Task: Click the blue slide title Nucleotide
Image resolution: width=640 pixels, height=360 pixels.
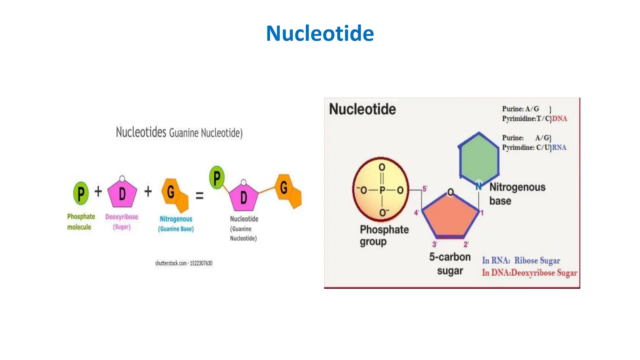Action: click(x=320, y=33)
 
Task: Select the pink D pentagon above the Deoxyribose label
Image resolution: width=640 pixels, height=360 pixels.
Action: click(x=122, y=194)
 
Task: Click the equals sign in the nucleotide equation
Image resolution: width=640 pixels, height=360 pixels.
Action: click(x=199, y=196)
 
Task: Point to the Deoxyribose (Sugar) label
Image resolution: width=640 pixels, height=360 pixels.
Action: click(x=122, y=222)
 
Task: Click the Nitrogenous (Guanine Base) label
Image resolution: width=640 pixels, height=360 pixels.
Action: click(x=176, y=224)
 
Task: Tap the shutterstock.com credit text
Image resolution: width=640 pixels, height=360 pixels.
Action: click(x=184, y=263)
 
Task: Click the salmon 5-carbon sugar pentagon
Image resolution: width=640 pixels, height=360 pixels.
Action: click(x=450, y=217)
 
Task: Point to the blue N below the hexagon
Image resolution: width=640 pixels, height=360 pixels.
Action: click(x=478, y=187)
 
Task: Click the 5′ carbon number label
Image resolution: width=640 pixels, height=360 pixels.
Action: click(x=425, y=189)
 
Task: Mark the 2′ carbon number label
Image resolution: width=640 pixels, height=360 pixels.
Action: click(x=466, y=244)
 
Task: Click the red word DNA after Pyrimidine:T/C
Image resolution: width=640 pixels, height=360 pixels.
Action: click(x=559, y=119)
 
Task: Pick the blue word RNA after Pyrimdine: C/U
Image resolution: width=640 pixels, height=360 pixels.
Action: click(x=559, y=147)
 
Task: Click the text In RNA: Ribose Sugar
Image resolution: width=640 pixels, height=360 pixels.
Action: click(x=521, y=260)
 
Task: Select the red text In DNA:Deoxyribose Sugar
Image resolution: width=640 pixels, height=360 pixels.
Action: click(x=529, y=273)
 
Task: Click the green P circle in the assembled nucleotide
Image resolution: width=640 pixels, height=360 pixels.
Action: click(x=217, y=178)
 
